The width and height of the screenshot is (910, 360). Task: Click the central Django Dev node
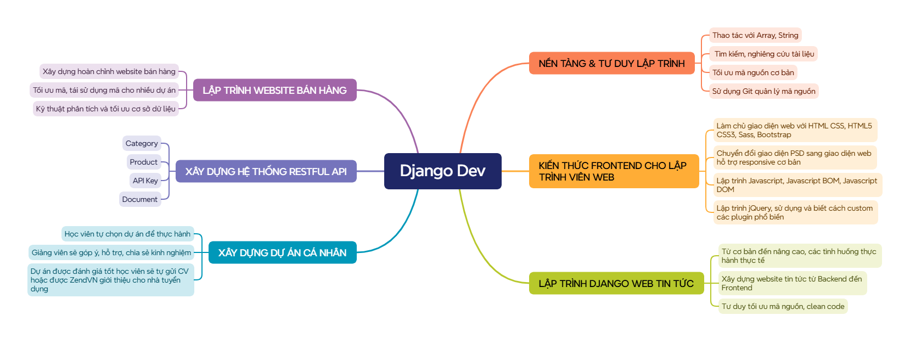coord(442,171)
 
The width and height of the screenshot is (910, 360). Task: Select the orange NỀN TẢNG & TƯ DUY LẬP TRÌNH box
coord(611,63)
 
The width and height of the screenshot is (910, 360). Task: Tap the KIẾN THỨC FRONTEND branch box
coord(613,171)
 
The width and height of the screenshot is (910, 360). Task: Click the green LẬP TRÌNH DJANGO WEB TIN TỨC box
coord(616,283)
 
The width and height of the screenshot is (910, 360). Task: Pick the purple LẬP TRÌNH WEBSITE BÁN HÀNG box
coord(274,90)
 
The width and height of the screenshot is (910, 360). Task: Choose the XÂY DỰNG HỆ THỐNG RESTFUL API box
coord(266,171)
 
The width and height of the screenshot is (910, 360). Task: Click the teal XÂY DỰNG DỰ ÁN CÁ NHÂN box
coord(282,252)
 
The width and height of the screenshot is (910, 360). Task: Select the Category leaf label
coord(142,143)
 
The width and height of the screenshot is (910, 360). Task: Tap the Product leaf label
coord(144,162)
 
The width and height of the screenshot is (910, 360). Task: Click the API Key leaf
coord(145,181)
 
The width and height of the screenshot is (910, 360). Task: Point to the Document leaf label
coord(140,199)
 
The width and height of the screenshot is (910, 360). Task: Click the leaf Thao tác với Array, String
coord(755,35)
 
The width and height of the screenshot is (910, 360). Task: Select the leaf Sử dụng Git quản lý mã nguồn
coord(763,91)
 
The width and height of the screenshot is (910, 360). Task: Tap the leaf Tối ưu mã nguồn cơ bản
coord(753,72)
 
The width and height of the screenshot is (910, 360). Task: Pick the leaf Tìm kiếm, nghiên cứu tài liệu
coord(764,54)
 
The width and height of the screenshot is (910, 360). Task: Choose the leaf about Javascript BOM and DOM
coord(796,185)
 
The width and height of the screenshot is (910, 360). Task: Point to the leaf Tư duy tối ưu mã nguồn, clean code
coord(783,306)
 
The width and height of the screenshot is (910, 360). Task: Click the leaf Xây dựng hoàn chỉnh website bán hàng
coord(109,71)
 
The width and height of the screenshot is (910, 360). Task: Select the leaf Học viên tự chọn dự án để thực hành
coord(127,234)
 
